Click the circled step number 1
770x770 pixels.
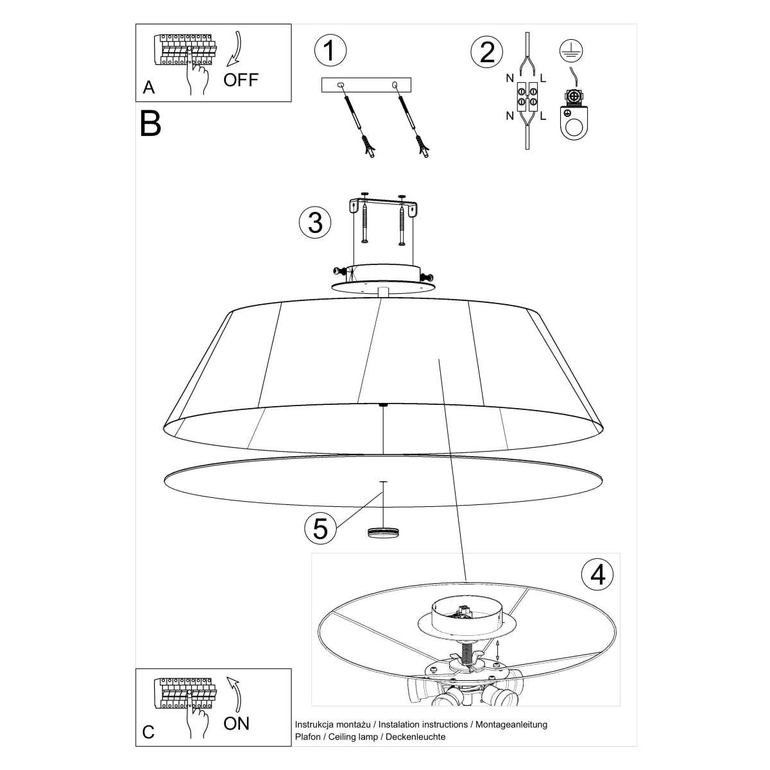click(330, 50)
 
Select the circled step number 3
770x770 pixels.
click(315, 222)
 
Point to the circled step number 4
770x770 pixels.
click(597, 574)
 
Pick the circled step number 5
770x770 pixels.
click(320, 528)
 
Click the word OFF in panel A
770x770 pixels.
click(241, 80)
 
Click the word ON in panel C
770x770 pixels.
click(236, 724)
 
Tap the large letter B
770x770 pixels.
click(150, 124)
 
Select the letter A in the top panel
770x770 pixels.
click(149, 87)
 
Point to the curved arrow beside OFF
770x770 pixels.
click(235, 49)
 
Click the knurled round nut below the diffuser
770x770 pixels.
click(383, 531)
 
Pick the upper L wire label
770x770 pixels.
click(543, 79)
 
